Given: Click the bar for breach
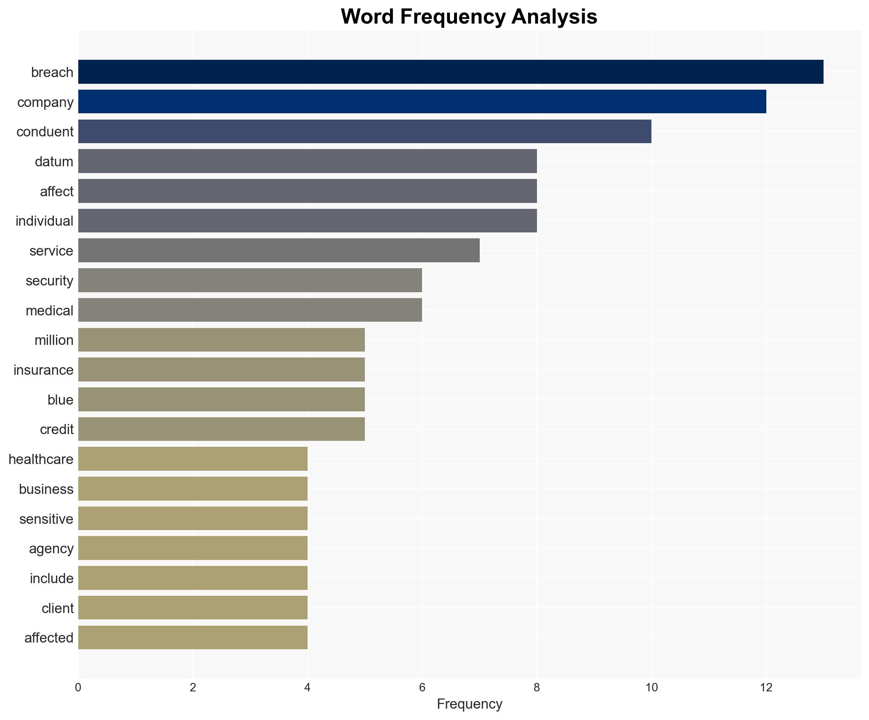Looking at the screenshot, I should (x=450, y=72).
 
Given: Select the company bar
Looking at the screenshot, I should (x=422, y=102).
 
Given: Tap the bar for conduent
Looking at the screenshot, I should (x=364, y=131).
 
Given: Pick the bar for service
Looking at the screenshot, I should (x=279, y=251).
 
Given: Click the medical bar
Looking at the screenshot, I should (x=250, y=310).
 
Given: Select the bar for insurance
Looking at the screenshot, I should (x=221, y=370).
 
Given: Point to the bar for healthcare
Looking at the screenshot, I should (x=193, y=459).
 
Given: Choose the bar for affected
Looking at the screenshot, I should (x=193, y=637).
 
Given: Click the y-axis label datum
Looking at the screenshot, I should (x=54, y=162).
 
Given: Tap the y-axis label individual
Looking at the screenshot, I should (x=44, y=221).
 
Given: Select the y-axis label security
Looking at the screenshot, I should (x=49, y=281).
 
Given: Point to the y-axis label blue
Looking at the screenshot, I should (x=60, y=400).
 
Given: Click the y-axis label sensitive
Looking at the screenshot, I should (x=46, y=519).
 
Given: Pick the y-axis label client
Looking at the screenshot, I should (x=57, y=608).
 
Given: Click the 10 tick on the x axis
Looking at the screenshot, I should (x=651, y=688).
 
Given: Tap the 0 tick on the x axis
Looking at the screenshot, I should (x=78, y=688).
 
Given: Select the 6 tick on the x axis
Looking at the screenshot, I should (x=422, y=688).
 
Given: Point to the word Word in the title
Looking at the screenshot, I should (x=367, y=17).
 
